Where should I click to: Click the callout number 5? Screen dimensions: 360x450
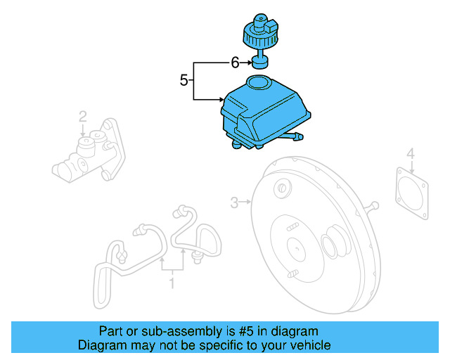click(184, 80)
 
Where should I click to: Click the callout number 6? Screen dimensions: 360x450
click(235, 63)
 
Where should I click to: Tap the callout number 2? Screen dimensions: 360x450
click(82, 116)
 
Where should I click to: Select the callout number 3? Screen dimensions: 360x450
click(234, 203)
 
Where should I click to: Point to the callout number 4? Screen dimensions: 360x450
click(411, 153)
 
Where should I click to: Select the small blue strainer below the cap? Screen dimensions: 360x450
click(259, 66)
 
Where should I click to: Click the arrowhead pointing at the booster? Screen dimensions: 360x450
click(249, 203)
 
